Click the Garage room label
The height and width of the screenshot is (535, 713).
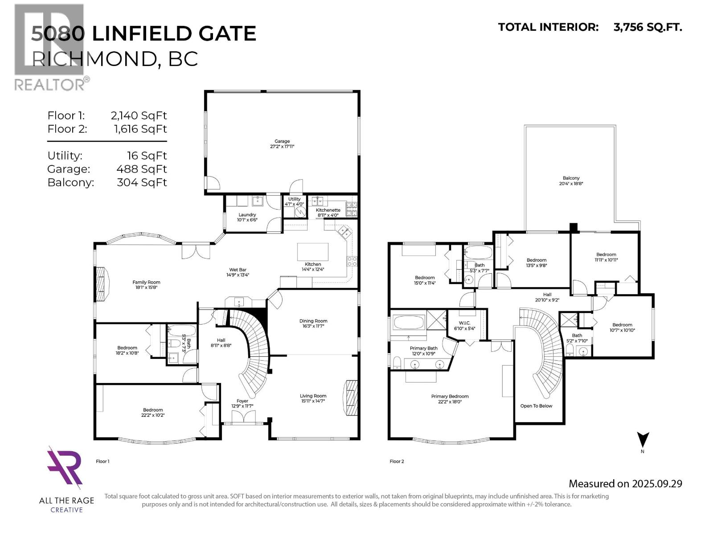click(x=282, y=144)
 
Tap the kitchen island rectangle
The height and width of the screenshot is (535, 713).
click(x=313, y=252)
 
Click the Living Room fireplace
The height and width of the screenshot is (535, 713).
click(x=351, y=398)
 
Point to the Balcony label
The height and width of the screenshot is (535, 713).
click(x=571, y=181)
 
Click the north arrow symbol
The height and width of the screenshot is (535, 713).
click(x=643, y=440)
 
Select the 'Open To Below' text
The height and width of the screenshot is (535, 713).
click(x=536, y=406)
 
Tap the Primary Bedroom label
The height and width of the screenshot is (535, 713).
click(x=450, y=399)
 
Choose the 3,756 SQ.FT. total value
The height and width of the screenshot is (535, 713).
click(x=647, y=27)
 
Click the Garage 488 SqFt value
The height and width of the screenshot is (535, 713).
click(x=141, y=169)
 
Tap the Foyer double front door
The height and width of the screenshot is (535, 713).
click(x=243, y=417)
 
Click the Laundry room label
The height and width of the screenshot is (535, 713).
click(x=247, y=217)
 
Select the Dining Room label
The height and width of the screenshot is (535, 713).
click(x=313, y=323)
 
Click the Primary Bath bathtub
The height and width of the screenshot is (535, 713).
click(x=408, y=323)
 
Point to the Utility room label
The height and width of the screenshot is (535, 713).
click(x=294, y=202)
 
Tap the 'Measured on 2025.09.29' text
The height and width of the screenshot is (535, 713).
click(x=625, y=484)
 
